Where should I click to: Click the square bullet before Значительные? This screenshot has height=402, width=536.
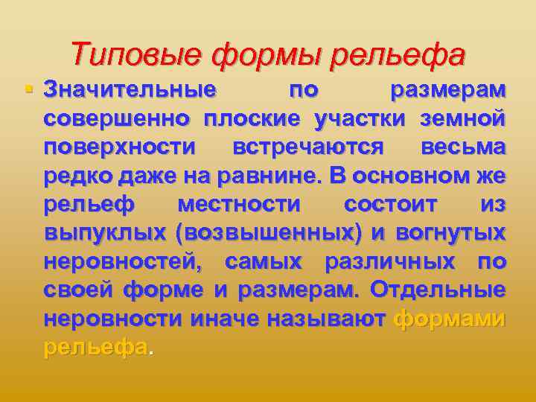29,89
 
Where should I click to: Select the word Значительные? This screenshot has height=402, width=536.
130,90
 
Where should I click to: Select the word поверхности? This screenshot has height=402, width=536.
121,147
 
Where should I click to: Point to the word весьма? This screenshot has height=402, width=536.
463,147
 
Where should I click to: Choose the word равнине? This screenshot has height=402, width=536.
275,176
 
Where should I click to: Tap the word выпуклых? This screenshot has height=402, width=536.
105,234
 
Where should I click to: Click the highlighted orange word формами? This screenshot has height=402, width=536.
450,319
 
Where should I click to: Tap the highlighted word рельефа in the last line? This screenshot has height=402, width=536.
96,348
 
